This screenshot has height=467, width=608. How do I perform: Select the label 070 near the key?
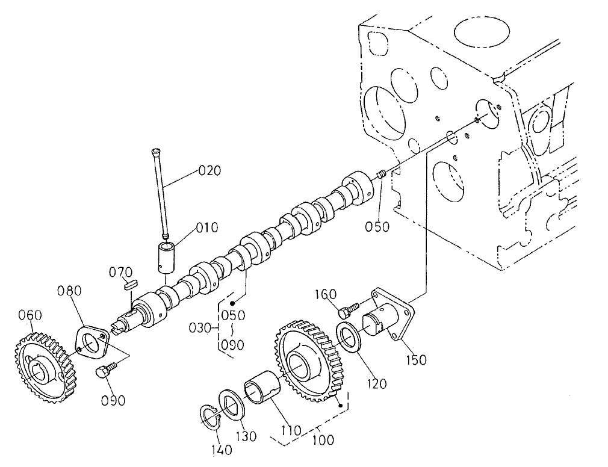[120, 273]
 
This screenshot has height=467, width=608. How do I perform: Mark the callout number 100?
[324, 440]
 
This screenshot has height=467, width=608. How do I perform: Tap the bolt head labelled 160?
[344, 313]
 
